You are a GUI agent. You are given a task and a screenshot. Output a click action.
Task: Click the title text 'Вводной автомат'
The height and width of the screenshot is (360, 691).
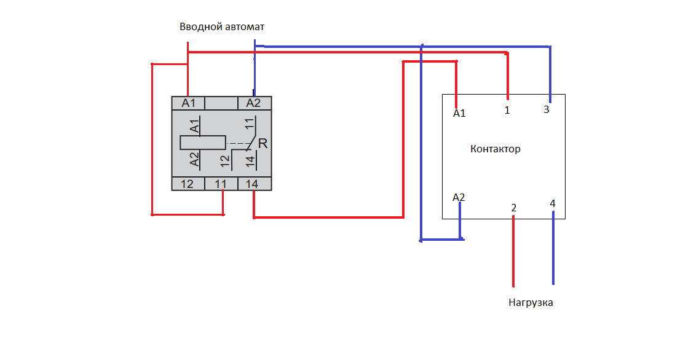222,27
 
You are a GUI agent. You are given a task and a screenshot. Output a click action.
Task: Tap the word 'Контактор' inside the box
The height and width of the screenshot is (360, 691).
496,149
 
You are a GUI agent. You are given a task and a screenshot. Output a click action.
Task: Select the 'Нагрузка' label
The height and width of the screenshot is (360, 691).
531,303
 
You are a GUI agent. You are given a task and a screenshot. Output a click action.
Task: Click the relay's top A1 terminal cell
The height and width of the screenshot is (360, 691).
188,103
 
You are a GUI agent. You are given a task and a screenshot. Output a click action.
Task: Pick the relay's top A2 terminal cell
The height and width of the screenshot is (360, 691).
255,103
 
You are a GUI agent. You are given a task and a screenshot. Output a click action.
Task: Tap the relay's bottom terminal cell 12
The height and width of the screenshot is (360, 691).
188,184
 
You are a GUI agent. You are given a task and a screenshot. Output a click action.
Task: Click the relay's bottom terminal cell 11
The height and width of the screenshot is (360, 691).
221,184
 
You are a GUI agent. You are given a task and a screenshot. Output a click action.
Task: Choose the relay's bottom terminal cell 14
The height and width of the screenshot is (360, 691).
255,184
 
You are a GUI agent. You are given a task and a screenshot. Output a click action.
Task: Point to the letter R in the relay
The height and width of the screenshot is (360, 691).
263,144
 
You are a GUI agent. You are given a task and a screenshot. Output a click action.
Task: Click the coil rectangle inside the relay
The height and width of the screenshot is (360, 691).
203,143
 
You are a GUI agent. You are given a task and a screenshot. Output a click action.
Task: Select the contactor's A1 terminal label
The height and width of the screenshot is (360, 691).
459,114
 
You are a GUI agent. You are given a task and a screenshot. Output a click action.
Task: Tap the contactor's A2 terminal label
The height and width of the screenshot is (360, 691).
459,197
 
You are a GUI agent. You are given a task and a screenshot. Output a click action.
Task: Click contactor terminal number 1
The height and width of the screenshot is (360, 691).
507,110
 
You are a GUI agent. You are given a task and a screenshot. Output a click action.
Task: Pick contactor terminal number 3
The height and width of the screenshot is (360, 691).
547,110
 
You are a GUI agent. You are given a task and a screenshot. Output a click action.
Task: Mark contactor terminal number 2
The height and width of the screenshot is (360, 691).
514,208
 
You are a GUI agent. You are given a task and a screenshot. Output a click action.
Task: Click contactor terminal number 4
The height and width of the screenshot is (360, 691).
553,203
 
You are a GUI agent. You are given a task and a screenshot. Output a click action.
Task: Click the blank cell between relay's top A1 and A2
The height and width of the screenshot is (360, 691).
221,103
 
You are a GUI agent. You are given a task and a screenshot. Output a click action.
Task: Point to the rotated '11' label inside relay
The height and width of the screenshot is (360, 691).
250,123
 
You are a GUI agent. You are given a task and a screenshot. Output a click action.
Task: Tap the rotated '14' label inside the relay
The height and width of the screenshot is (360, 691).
250,162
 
